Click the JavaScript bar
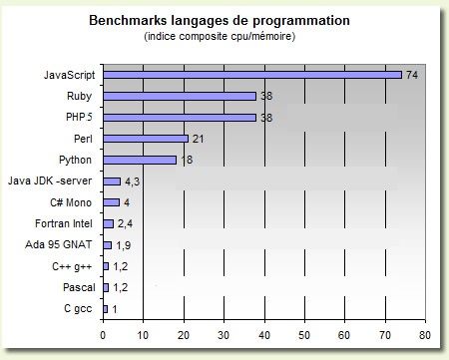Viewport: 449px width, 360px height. click(x=252, y=75)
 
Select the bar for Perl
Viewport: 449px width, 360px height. click(x=146, y=139)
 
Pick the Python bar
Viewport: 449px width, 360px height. click(x=140, y=160)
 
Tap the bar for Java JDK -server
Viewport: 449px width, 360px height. click(x=112, y=181)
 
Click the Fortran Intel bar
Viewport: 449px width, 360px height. click(x=109, y=223)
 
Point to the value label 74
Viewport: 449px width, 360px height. click(x=412, y=75)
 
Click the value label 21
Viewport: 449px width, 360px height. click(x=198, y=139)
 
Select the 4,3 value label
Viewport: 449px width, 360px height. click(x=132, y=181)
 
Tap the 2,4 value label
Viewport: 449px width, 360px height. click(x=125, y=223)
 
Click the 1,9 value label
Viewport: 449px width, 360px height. click(x=124, y=245)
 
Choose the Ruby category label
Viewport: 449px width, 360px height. click(x=79, y=96)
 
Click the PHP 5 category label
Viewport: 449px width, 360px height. click(x=79, y=117)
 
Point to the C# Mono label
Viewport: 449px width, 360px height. click(x=71, y=202)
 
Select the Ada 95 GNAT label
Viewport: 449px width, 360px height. click(x=58, y=244)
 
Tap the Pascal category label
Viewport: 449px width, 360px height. click(x=79, y=287)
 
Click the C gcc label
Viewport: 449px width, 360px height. click(x=78, y=309)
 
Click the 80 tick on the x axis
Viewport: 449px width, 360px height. click(x=425, y=335)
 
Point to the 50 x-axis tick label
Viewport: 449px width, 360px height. click(x=304, y=335)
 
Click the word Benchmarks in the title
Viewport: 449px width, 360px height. click(x=128, y=20)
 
